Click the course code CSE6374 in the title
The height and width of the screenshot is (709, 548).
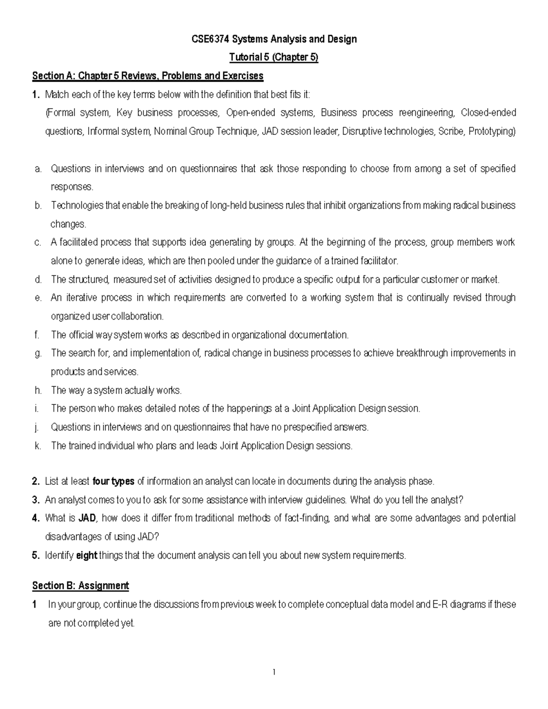tap(210, 39)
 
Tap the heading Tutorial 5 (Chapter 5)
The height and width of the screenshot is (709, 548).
tap(274, 58)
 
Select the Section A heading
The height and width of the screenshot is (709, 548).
tap(148, 76)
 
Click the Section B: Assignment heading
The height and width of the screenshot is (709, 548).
tap(80, 586)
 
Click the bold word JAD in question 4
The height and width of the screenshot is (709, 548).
tap(87, 518)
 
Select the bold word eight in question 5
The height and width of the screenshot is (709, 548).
tap(86, 556)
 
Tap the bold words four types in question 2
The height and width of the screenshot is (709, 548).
tap(113, 481)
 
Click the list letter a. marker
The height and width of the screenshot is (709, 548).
tap(38, 169)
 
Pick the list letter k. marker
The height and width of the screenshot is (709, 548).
tap(38, 446)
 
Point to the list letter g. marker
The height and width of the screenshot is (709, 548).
tap(38, 353)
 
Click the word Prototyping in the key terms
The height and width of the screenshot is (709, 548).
tap(492, 131)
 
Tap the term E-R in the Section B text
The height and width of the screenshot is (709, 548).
tap(439, 604)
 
